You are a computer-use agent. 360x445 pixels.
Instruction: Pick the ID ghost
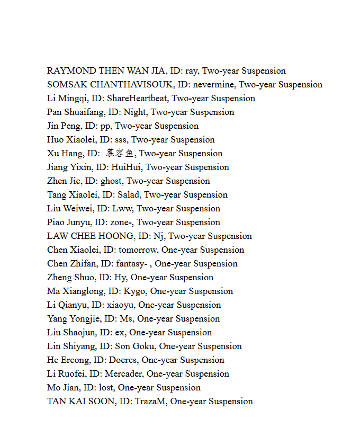click(111, 181)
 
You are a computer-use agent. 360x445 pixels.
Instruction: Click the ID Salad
click(129, 195)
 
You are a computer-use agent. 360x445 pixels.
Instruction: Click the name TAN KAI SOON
click(80, 402)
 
